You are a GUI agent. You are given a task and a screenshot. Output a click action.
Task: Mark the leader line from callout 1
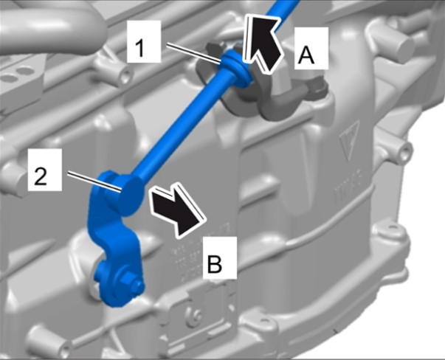tap(193, 53)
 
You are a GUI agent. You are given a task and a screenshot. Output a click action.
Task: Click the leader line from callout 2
tap(94, 181)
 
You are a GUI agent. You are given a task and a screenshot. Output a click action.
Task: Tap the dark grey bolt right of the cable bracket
tap(317, 86)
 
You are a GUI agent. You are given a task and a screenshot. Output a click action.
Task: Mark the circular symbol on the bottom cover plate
tap(195, 314)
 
